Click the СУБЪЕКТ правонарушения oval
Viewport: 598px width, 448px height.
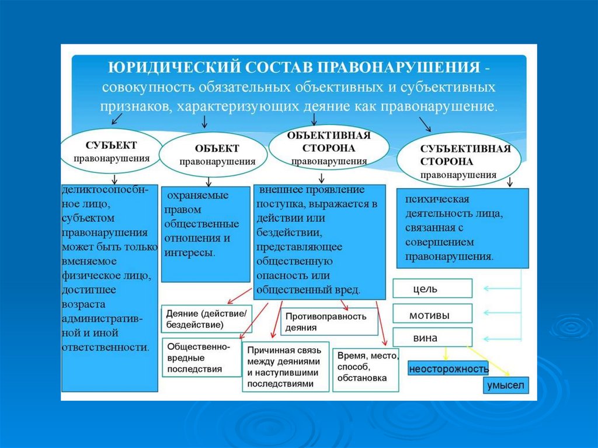coord(111,151)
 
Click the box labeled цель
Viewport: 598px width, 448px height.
coord(432,289)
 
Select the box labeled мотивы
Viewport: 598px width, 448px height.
coord(432,315)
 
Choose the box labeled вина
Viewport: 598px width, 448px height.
coord(432,338)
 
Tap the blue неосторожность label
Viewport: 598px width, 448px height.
coord(448,369)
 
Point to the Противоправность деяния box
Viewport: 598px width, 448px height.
coord(330,322)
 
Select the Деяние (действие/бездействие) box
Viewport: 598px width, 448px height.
coord(207,318)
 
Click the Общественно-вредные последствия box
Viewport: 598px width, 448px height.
coord(201,357)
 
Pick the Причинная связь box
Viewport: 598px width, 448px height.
coord(286,367)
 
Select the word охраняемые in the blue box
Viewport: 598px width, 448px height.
coord(196,195)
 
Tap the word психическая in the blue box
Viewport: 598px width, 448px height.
coord(437,200)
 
